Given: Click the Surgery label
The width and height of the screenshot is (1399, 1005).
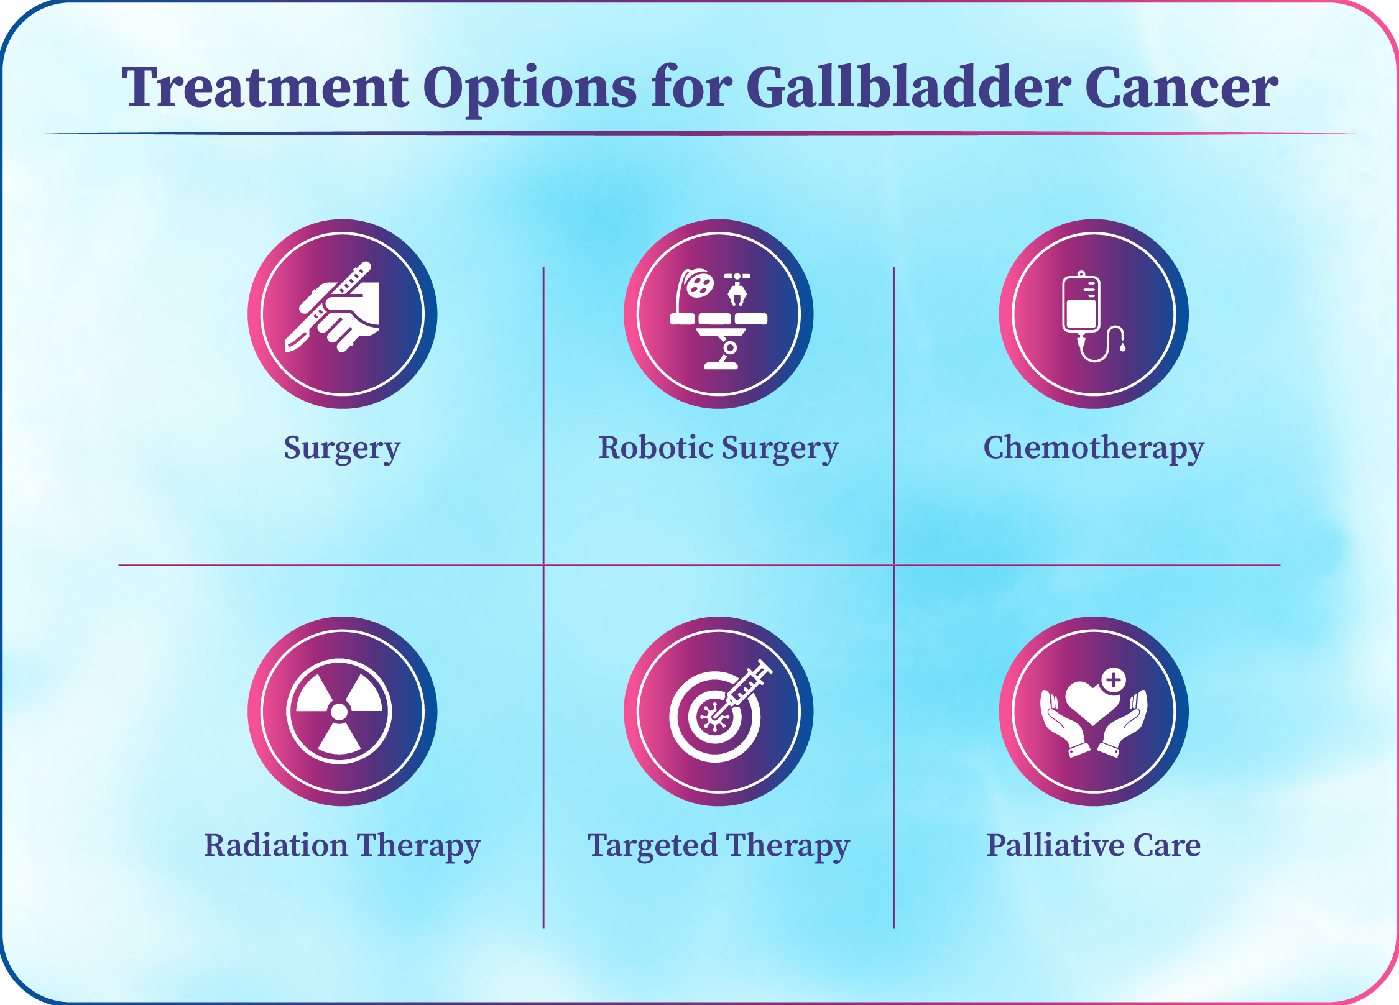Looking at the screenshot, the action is click(342, 449).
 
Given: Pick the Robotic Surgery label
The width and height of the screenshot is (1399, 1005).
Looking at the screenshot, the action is click(719, 449).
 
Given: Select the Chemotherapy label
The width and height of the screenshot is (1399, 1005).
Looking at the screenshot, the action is click(1094, 449).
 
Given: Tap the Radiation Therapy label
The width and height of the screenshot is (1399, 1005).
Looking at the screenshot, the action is click(343, 847).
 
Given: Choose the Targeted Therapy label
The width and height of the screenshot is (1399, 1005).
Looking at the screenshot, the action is click(719, 847).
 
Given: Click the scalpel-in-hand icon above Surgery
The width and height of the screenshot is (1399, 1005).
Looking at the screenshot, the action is click(333, 308).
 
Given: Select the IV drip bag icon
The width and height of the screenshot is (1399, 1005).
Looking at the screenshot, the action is click(1082, 304).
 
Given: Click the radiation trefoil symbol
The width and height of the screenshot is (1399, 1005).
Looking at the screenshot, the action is click(339, 712).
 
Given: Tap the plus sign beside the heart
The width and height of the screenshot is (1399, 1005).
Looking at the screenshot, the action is click(1114, 680).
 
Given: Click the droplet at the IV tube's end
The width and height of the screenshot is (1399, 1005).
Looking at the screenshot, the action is click(1122, 347).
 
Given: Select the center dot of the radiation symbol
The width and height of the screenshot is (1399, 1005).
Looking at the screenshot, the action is click(339, 712).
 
